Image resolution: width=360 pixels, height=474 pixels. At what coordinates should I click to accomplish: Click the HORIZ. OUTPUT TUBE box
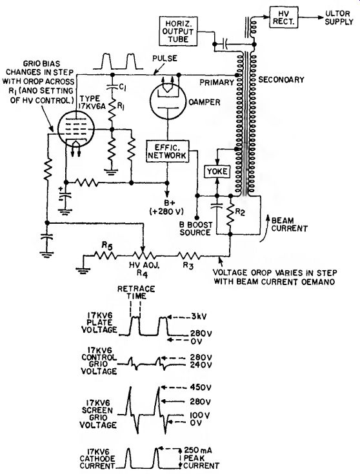tap(178, 31)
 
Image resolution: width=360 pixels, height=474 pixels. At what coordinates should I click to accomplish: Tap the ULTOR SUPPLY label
tap(339, 17)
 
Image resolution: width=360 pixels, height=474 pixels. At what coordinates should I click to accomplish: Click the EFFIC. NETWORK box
tap(167, 151)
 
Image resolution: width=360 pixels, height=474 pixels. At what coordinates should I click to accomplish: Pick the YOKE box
tap(217, 172)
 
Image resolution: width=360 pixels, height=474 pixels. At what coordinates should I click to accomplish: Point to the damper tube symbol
tap(168, 101)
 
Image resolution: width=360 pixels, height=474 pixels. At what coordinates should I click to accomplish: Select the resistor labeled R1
tap(112, 111)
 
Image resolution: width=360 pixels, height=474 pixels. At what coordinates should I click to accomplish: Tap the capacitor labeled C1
tap(112, 86)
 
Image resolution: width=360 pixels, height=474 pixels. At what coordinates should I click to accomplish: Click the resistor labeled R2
tap(230, 215)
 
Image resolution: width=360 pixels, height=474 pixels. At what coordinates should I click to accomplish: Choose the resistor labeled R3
tap(188, 257)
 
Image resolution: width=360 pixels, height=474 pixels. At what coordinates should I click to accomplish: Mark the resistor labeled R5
tap(105, 257)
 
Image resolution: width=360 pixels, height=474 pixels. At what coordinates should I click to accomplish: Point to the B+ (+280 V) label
tap(166, 208)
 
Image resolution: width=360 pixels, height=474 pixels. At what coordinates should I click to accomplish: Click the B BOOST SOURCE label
tap(196, 228)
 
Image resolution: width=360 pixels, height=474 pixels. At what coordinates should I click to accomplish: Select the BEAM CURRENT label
tap(289, 224)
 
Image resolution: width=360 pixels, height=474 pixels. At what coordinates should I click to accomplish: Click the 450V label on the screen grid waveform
tap(200, 387)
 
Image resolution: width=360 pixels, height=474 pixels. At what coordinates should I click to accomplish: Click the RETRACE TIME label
tap(136, 292)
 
